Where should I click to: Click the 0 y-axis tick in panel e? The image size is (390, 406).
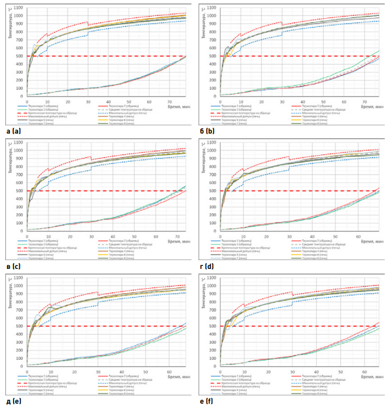click(x=23, y=366)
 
